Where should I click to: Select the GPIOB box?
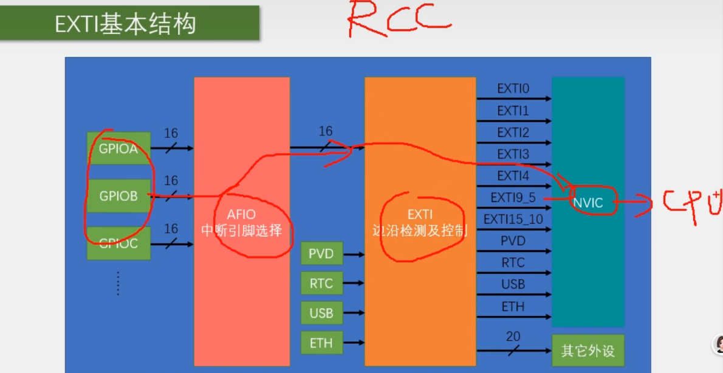(x=118, y=197)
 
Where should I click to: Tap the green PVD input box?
(x=321, y=253)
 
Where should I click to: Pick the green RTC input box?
(x=321, y=283)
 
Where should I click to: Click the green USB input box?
(x=321, y=313)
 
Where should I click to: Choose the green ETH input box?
(x=321, y=343)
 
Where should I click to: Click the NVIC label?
(x=588, y=203)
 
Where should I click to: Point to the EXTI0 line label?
(x=513, y=89)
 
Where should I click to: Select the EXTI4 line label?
(x=513, y=176)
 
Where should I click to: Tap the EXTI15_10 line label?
(x=513, y=219)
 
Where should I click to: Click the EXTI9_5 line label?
(x=513, y=198)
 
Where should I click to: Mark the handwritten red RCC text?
(x=398, y=20)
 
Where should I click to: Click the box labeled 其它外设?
(x=588, y=351)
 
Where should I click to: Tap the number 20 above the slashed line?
(x=513, y=336)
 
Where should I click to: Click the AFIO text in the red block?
(x=241, y=214)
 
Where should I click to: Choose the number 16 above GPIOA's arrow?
(x=171, y=133)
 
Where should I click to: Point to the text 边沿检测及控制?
(x=419, y=231)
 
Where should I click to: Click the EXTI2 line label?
(x=513, y=133)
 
